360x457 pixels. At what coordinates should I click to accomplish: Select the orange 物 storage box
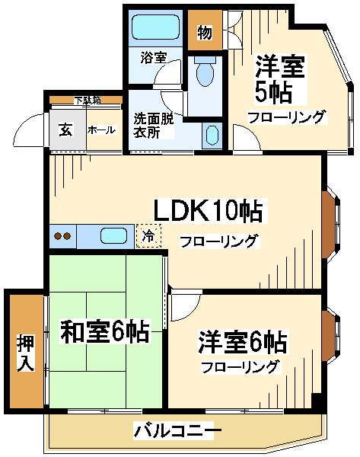(x=204, y=32)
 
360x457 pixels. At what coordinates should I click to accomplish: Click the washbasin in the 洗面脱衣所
(x=212, y=136)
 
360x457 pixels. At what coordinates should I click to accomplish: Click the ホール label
(x=101, y=130)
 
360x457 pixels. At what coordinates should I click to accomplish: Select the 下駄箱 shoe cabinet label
(x=86, y=100)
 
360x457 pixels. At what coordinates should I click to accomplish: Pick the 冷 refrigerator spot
(x=149, y=235)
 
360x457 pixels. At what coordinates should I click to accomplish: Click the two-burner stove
(x=62, y=236)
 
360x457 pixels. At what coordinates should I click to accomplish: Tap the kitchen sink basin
(x=113, y=235)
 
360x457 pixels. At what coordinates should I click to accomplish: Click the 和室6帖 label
(x=104, y=332)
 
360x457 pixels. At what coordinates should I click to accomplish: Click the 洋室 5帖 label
(x=280, y=79)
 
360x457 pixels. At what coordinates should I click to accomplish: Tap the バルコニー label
(x=178, y=431)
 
